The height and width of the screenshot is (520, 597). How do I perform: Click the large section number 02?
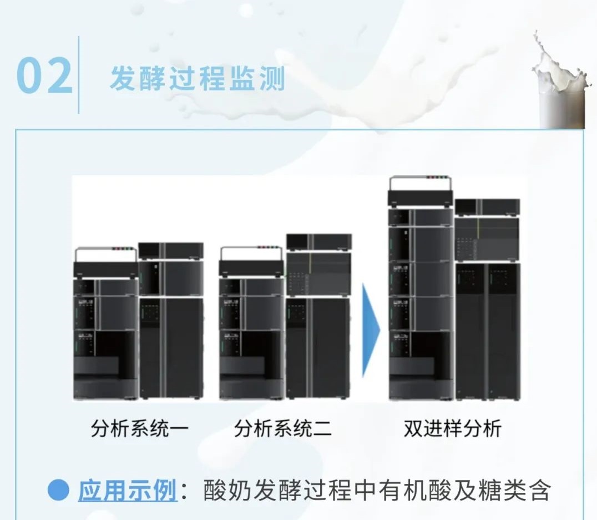[44, 75]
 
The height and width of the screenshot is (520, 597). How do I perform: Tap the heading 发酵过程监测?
[198, 79]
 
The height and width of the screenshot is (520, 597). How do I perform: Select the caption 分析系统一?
[140, 428]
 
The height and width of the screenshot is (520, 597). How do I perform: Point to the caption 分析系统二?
[283, 428]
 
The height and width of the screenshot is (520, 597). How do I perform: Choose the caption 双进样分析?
[453, 428]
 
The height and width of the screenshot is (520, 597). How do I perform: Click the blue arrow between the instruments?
[371, 330]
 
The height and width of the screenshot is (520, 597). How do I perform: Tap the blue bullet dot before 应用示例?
[58, 490]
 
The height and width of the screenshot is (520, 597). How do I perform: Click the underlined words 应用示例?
[128, 490]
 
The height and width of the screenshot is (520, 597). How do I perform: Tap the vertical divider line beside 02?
[79, 75]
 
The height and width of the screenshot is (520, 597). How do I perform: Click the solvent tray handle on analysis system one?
[106, 255]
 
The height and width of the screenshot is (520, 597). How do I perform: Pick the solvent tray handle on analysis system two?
[252, 255]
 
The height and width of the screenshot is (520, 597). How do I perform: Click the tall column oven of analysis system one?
[171, 348]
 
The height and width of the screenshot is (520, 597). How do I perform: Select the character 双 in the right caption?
[413, 428]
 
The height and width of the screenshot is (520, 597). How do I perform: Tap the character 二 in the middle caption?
[322, 428]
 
